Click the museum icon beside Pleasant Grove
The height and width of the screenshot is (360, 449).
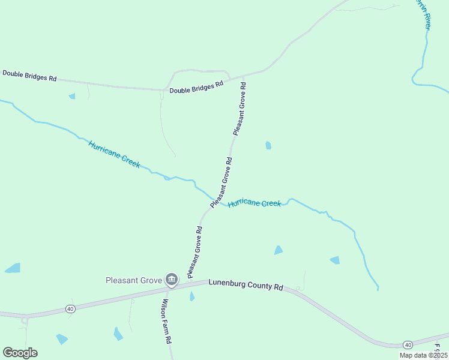[172, 279]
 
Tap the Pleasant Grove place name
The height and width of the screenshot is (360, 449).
[134, 280]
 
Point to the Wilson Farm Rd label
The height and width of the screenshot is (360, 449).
[165, 322]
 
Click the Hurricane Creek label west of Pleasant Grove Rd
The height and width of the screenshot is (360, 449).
[114, 154]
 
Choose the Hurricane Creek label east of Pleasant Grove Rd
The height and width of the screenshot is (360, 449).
[254, 203]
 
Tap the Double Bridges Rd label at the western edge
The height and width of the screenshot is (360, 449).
[29, 76]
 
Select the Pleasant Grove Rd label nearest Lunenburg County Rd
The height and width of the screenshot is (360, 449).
[194, 252]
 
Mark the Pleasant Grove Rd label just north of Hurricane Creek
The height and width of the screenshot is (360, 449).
[221, 183]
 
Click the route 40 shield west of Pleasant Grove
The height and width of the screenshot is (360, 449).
[70, 309]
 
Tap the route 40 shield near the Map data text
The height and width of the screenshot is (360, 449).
[408, 344]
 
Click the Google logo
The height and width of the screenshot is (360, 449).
[20, 353]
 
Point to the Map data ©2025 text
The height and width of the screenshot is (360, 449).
[423, 355]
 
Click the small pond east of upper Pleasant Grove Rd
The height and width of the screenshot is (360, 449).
[268, 145]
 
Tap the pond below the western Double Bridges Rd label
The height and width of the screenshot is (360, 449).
[72, 96]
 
